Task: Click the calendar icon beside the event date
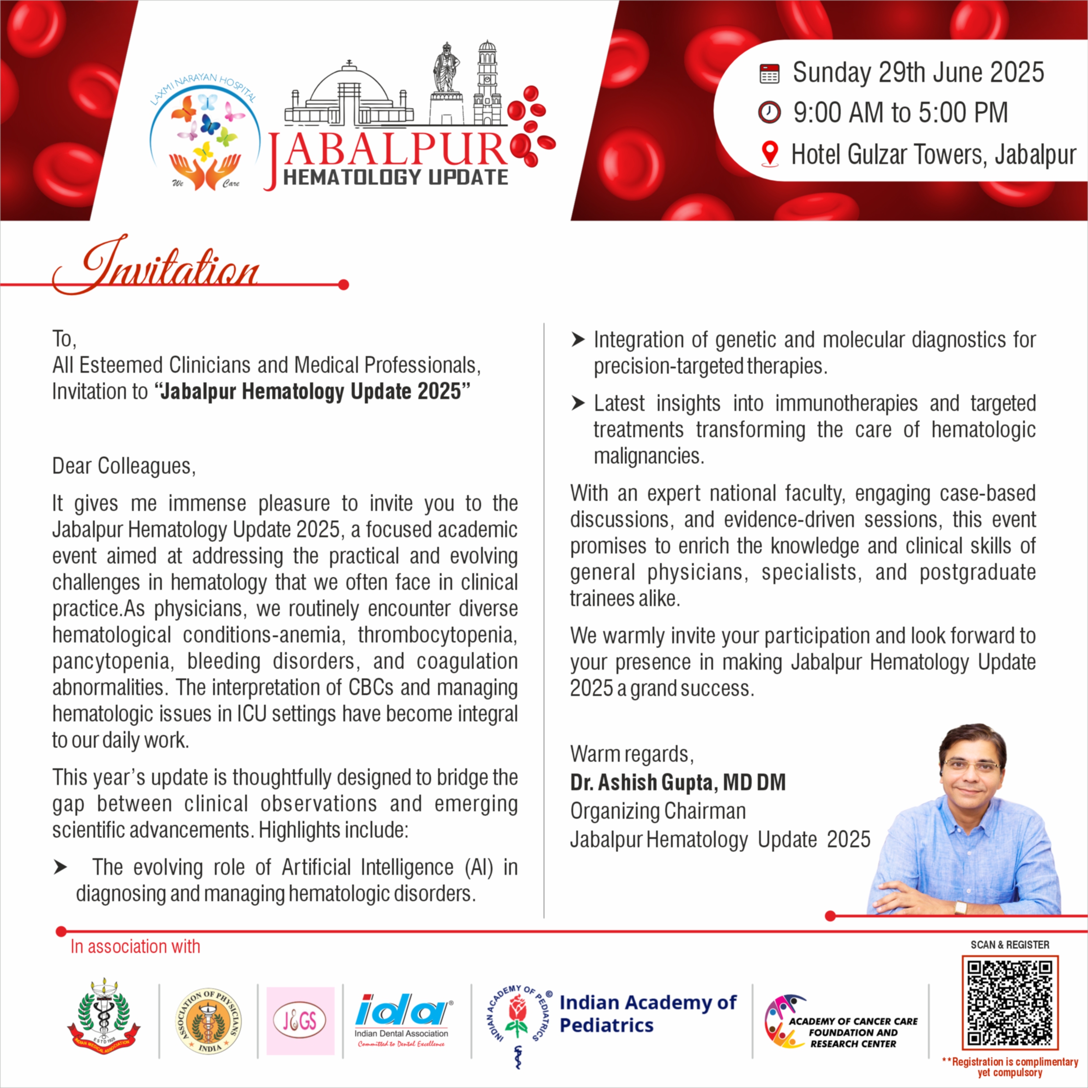[769, 74]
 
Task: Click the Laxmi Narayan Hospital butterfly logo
[206, 135]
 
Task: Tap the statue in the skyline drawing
[446, 68]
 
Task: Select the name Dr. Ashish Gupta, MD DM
[678, 782]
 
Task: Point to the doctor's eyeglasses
[973, 766]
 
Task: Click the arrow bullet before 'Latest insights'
[578, 403]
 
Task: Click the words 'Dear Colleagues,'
[124, 466]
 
